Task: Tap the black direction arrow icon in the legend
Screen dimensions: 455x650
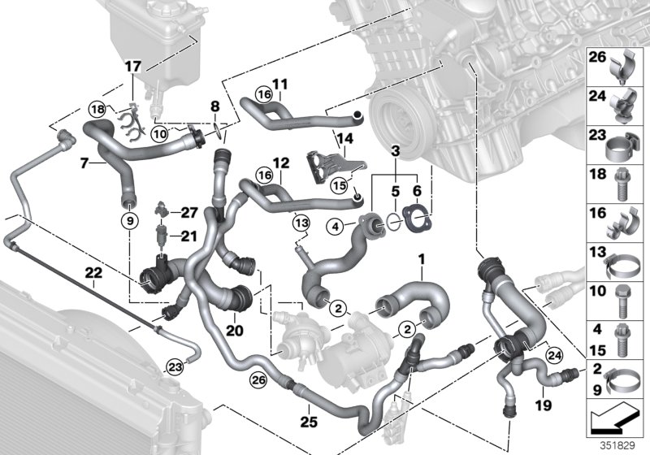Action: (x=615, y=421)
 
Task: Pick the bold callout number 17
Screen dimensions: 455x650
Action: (x=132, y=64)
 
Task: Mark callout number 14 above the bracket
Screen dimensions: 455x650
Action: (x=344, y=139)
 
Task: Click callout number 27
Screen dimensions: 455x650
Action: (x=189, y=212)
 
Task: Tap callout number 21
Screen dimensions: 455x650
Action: (x=189, y=236)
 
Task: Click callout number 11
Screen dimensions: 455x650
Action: (x=280, y=83)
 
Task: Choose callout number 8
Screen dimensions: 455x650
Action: (x=214, y=106)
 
